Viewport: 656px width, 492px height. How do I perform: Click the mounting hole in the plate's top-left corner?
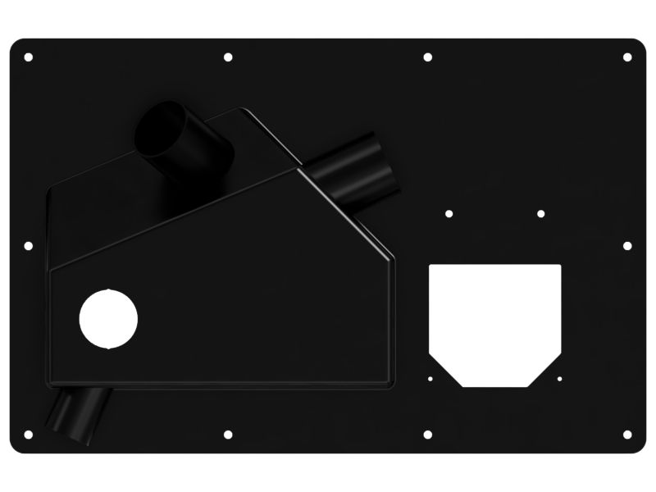[29, 57]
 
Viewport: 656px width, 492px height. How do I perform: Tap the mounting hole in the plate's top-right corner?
[627, 57]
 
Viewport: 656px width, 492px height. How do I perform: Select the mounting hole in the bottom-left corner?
[29, 434]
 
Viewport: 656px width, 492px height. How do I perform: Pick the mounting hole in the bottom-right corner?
[627, 434]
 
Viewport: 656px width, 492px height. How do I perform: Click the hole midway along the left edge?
[29, 245]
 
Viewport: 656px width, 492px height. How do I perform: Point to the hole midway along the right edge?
[627, 245]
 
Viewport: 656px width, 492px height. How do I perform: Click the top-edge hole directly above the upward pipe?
[228, 57]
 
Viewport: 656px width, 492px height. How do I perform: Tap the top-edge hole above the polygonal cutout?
[427, 57]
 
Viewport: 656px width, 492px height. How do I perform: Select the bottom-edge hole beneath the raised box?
[228, 434]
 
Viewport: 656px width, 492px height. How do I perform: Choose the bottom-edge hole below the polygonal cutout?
[427, 434]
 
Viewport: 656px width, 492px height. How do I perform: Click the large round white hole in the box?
[107, 319]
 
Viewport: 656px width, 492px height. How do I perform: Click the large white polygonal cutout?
[494, 320]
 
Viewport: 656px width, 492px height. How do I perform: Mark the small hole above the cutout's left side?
[449, 214]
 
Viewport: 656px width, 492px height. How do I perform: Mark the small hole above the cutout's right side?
[540, 214]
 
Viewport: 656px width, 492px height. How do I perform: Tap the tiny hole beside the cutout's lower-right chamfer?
[559, 379]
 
